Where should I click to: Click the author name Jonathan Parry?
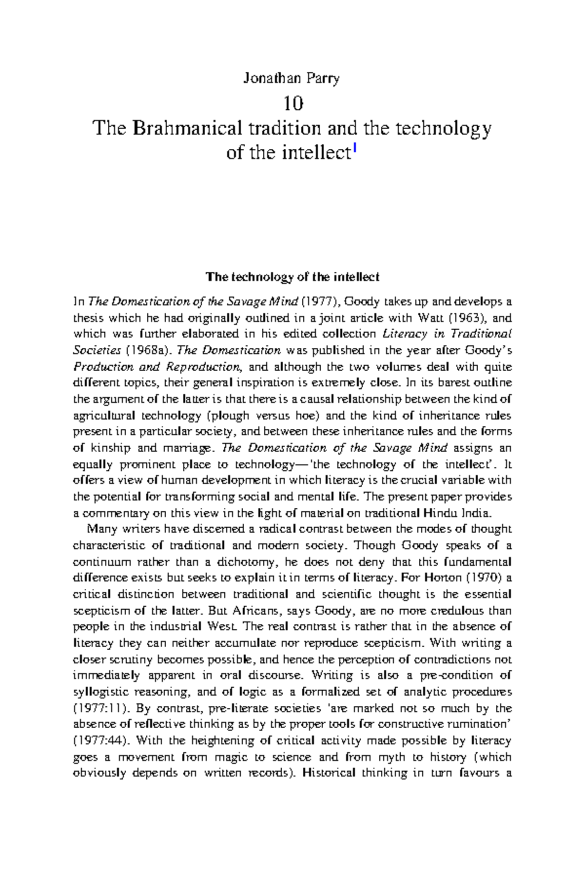(292, 79)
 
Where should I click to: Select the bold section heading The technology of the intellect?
(292, 278)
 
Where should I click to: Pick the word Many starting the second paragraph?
(99, 529)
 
